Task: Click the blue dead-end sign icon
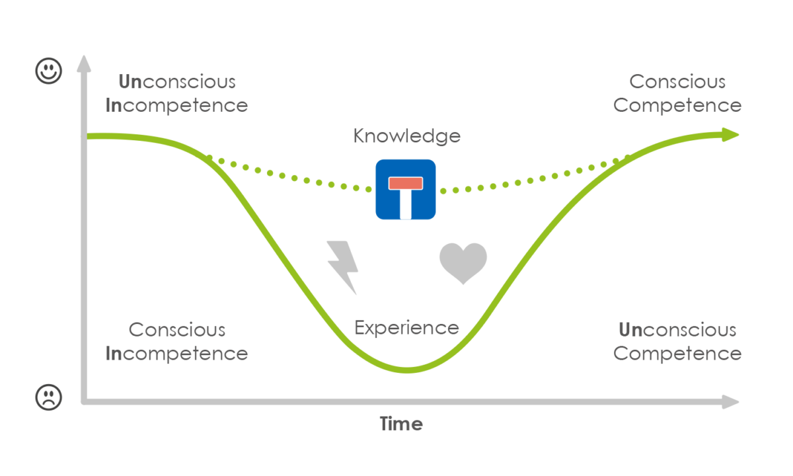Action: point(406,189)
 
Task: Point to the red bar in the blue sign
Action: point(406,182)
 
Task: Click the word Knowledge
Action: point(406,136)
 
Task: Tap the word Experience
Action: point(406,328)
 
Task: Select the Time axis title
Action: point(401,424)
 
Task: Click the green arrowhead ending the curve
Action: point(730,135)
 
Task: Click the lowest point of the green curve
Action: point(408,370)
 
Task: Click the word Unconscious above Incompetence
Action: point(176,82)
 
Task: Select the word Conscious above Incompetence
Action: point(176,329)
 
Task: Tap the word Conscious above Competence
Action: point(677,82)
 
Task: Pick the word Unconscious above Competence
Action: point(677,329)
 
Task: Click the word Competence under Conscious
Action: point(677,105)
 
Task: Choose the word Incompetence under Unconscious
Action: point(176,105)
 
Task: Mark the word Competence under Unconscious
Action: point(677,353)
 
